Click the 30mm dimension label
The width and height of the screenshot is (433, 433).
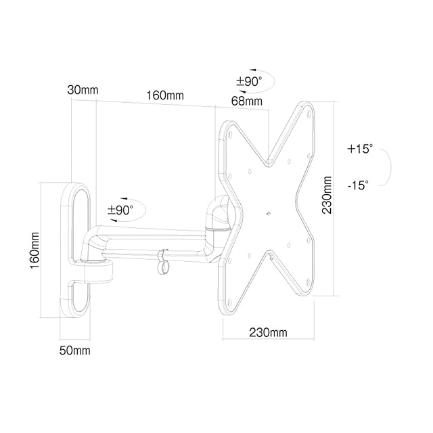[83, 90]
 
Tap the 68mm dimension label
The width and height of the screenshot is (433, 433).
[246, 101]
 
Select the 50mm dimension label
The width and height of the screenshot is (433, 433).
[75, 350]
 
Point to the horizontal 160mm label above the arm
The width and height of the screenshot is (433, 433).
[165, 95]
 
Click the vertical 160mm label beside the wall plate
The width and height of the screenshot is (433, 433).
[35, 251]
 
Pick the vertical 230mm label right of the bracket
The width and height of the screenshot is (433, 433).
[327, 195]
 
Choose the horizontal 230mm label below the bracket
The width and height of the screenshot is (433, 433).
[268, 332]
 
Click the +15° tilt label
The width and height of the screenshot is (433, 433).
[360, 149]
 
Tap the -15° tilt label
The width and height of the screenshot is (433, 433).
[358, 185]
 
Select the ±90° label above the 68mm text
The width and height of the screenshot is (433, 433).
[249, 82]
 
